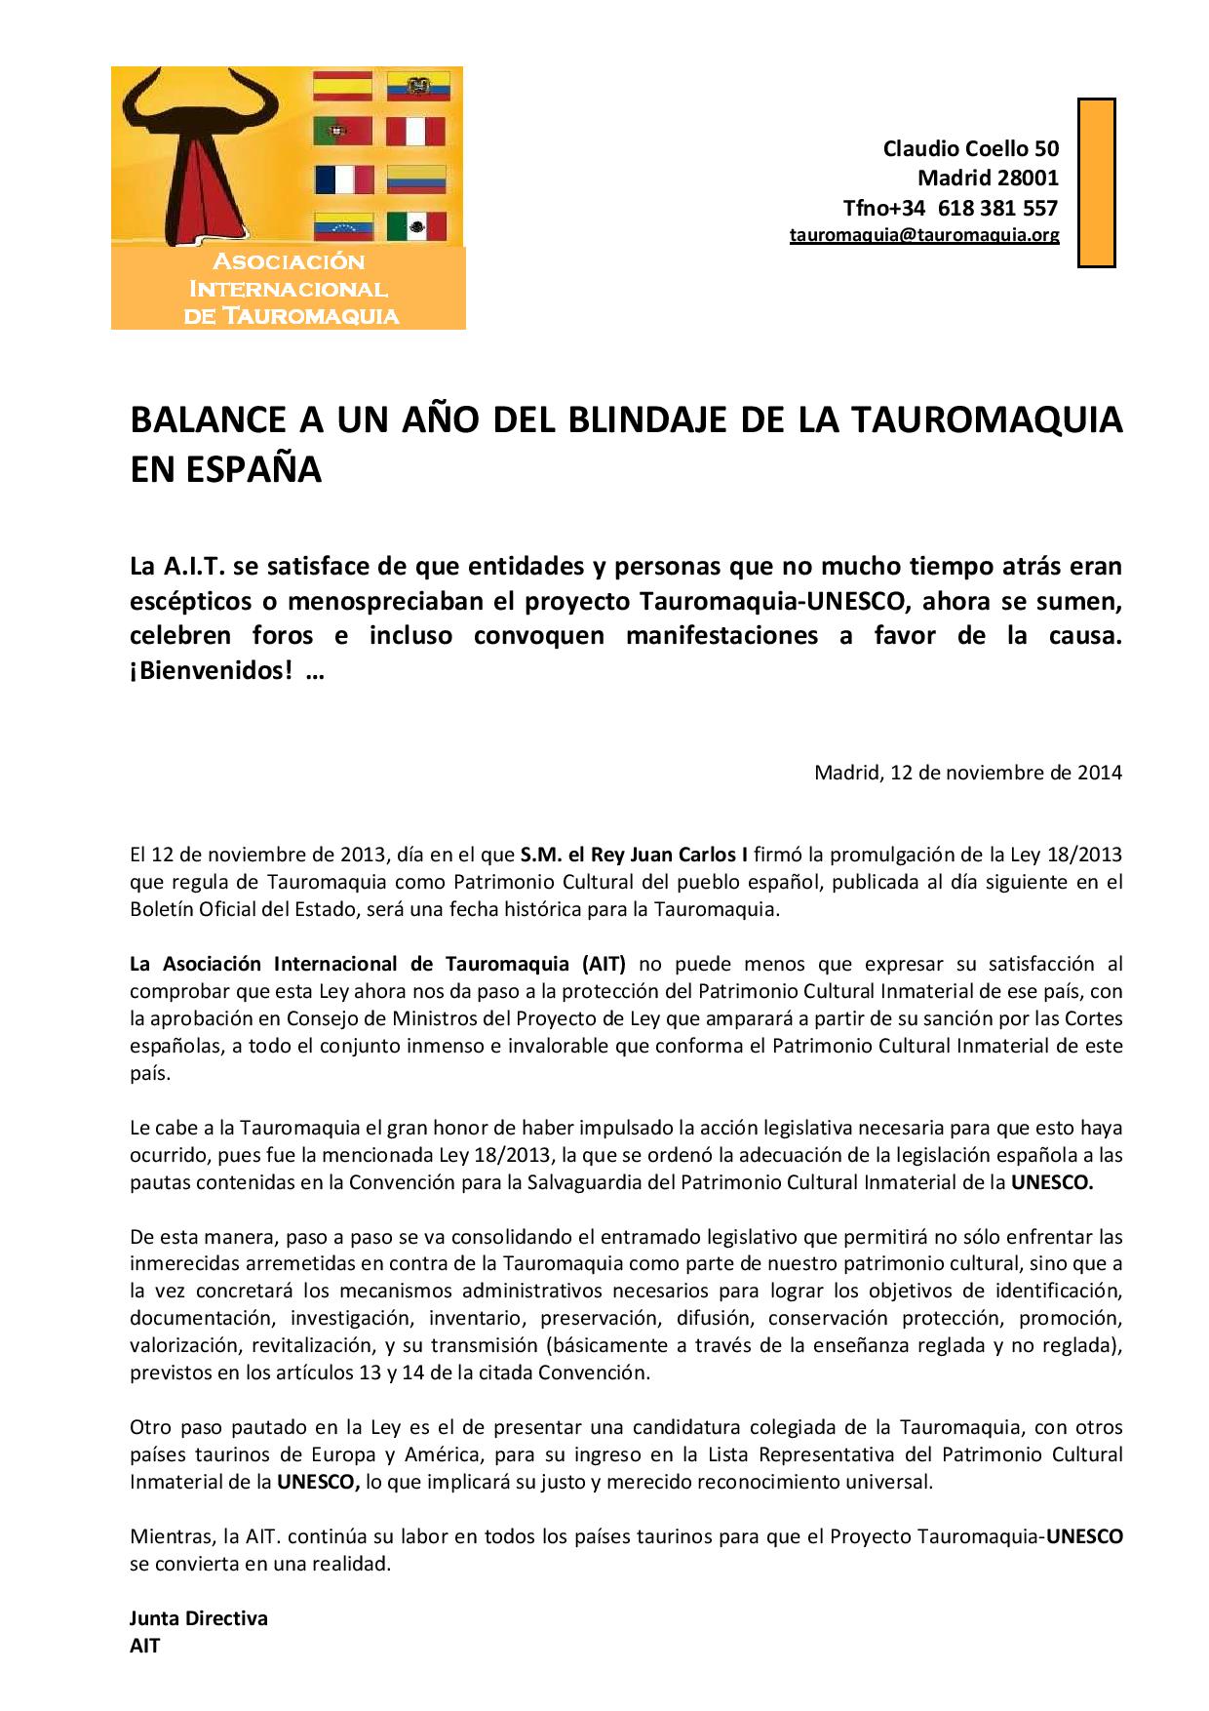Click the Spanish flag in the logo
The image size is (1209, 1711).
click(342, 86)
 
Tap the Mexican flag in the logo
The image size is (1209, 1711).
click(416, 226)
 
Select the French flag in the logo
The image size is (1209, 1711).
click(344, 179)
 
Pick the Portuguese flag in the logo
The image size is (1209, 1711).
click(342, 132)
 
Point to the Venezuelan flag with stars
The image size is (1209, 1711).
click(342, 226)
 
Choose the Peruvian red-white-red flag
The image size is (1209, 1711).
click(415, 132)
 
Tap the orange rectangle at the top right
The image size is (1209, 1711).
click(1096, 182)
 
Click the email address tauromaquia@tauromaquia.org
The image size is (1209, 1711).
click(923, 235)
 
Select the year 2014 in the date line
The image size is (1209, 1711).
click(1099, 773)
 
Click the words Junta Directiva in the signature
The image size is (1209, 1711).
click(198, 1618)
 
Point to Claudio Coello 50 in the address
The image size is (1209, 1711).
click(970, 148)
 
